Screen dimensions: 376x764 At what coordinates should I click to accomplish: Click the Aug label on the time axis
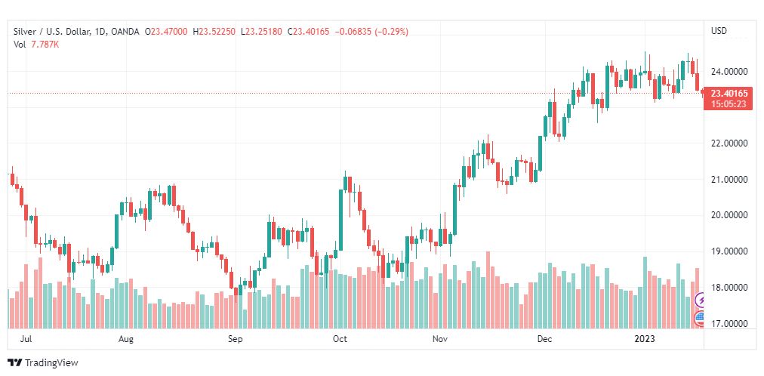click(126, 340)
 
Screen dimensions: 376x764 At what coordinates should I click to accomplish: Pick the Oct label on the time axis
click(340, 340)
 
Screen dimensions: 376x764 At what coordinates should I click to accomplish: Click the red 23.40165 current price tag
click(729, 94)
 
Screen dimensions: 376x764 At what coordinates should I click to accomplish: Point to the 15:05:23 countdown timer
click(729, 104)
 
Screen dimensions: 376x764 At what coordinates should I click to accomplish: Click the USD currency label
click(719, 31)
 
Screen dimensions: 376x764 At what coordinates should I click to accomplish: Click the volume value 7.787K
click(45, 45)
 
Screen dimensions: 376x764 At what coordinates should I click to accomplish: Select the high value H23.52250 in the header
click(214, 31)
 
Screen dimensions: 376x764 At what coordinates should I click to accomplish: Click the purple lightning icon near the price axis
click(701, 300)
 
